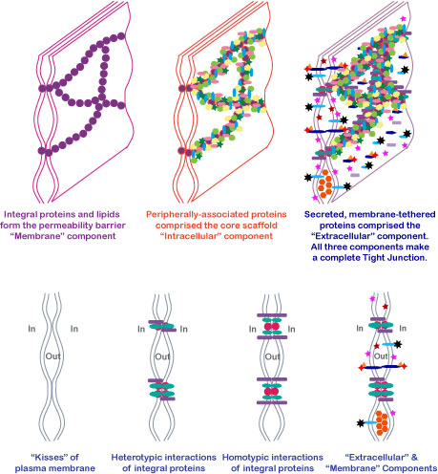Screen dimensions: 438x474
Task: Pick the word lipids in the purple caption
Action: tap(108, 214)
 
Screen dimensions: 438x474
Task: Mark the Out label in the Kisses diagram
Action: tap(52, 356)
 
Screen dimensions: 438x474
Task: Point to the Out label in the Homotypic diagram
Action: tap(272, 356)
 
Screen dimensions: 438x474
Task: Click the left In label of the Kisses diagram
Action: tap(31, 329)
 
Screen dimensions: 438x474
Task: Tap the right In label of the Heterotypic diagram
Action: tap(183, 329)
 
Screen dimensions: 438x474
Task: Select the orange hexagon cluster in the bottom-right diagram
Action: tap(382, 423)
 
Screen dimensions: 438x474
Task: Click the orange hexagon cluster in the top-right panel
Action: tap(325, 183)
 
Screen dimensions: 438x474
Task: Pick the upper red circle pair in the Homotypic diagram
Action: tap(272, 327)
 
